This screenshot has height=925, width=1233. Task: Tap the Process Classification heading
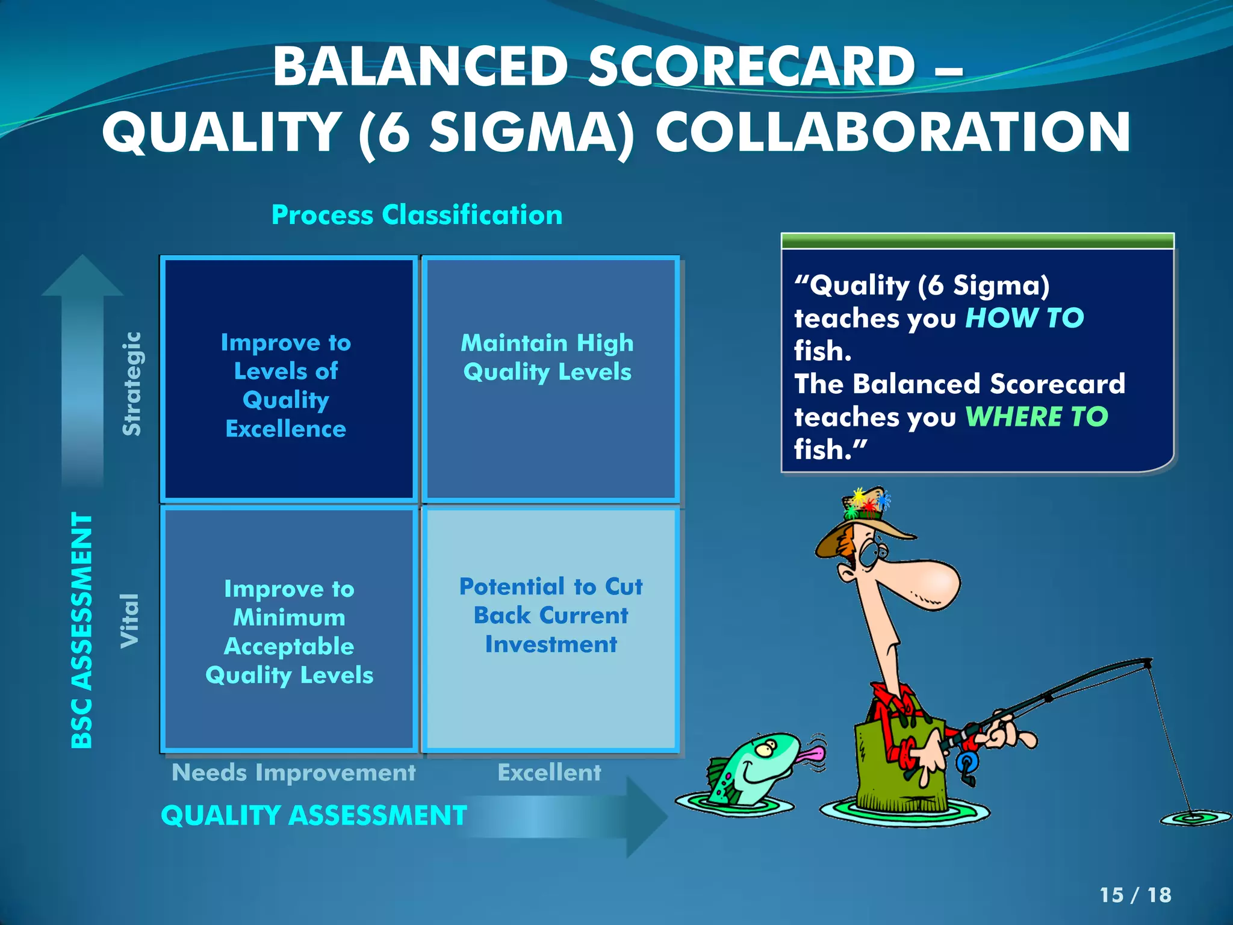(x=417, y=215)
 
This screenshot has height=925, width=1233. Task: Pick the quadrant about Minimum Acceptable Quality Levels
(x=289, y=630)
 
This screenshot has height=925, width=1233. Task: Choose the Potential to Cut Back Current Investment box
(x=550, y=630)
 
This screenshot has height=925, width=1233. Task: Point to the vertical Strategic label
(x=132, y=384)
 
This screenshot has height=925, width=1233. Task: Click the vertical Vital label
(x=130, y=620)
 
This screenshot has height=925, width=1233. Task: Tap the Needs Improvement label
(x=293, y=773)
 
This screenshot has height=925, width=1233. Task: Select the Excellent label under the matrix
(x=549, y=773)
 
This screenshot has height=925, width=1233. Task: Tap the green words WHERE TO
(x=1036, y=417)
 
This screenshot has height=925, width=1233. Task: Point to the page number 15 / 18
(x=1135, y=895)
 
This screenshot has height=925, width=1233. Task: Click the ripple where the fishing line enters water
(x=1194, y=818)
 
